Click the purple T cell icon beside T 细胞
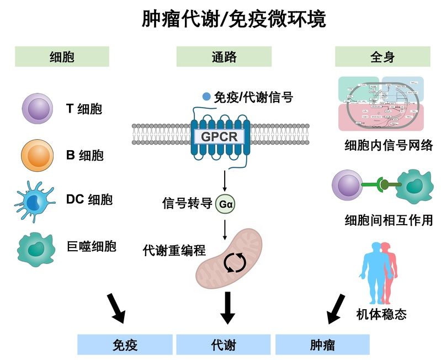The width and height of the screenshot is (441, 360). click(x=38, y=108)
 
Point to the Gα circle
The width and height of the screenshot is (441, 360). click(x=226, y=203)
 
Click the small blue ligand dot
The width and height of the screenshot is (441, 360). click(x=206, y=97)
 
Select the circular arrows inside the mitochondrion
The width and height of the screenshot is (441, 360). click(x=231, y=262)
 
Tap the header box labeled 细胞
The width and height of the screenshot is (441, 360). click(x=62, y=56)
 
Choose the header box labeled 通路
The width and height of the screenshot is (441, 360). click(x=224, y=56)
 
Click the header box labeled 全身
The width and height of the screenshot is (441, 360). click(x=382, y=56)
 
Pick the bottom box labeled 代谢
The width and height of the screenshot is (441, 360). click(x=224, y=345)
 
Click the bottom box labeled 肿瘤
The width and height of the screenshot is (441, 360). click(x=322, y=345)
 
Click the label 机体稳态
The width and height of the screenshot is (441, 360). click(x=382, y=314)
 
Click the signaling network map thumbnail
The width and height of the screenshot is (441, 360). click(x=380, y=104)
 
